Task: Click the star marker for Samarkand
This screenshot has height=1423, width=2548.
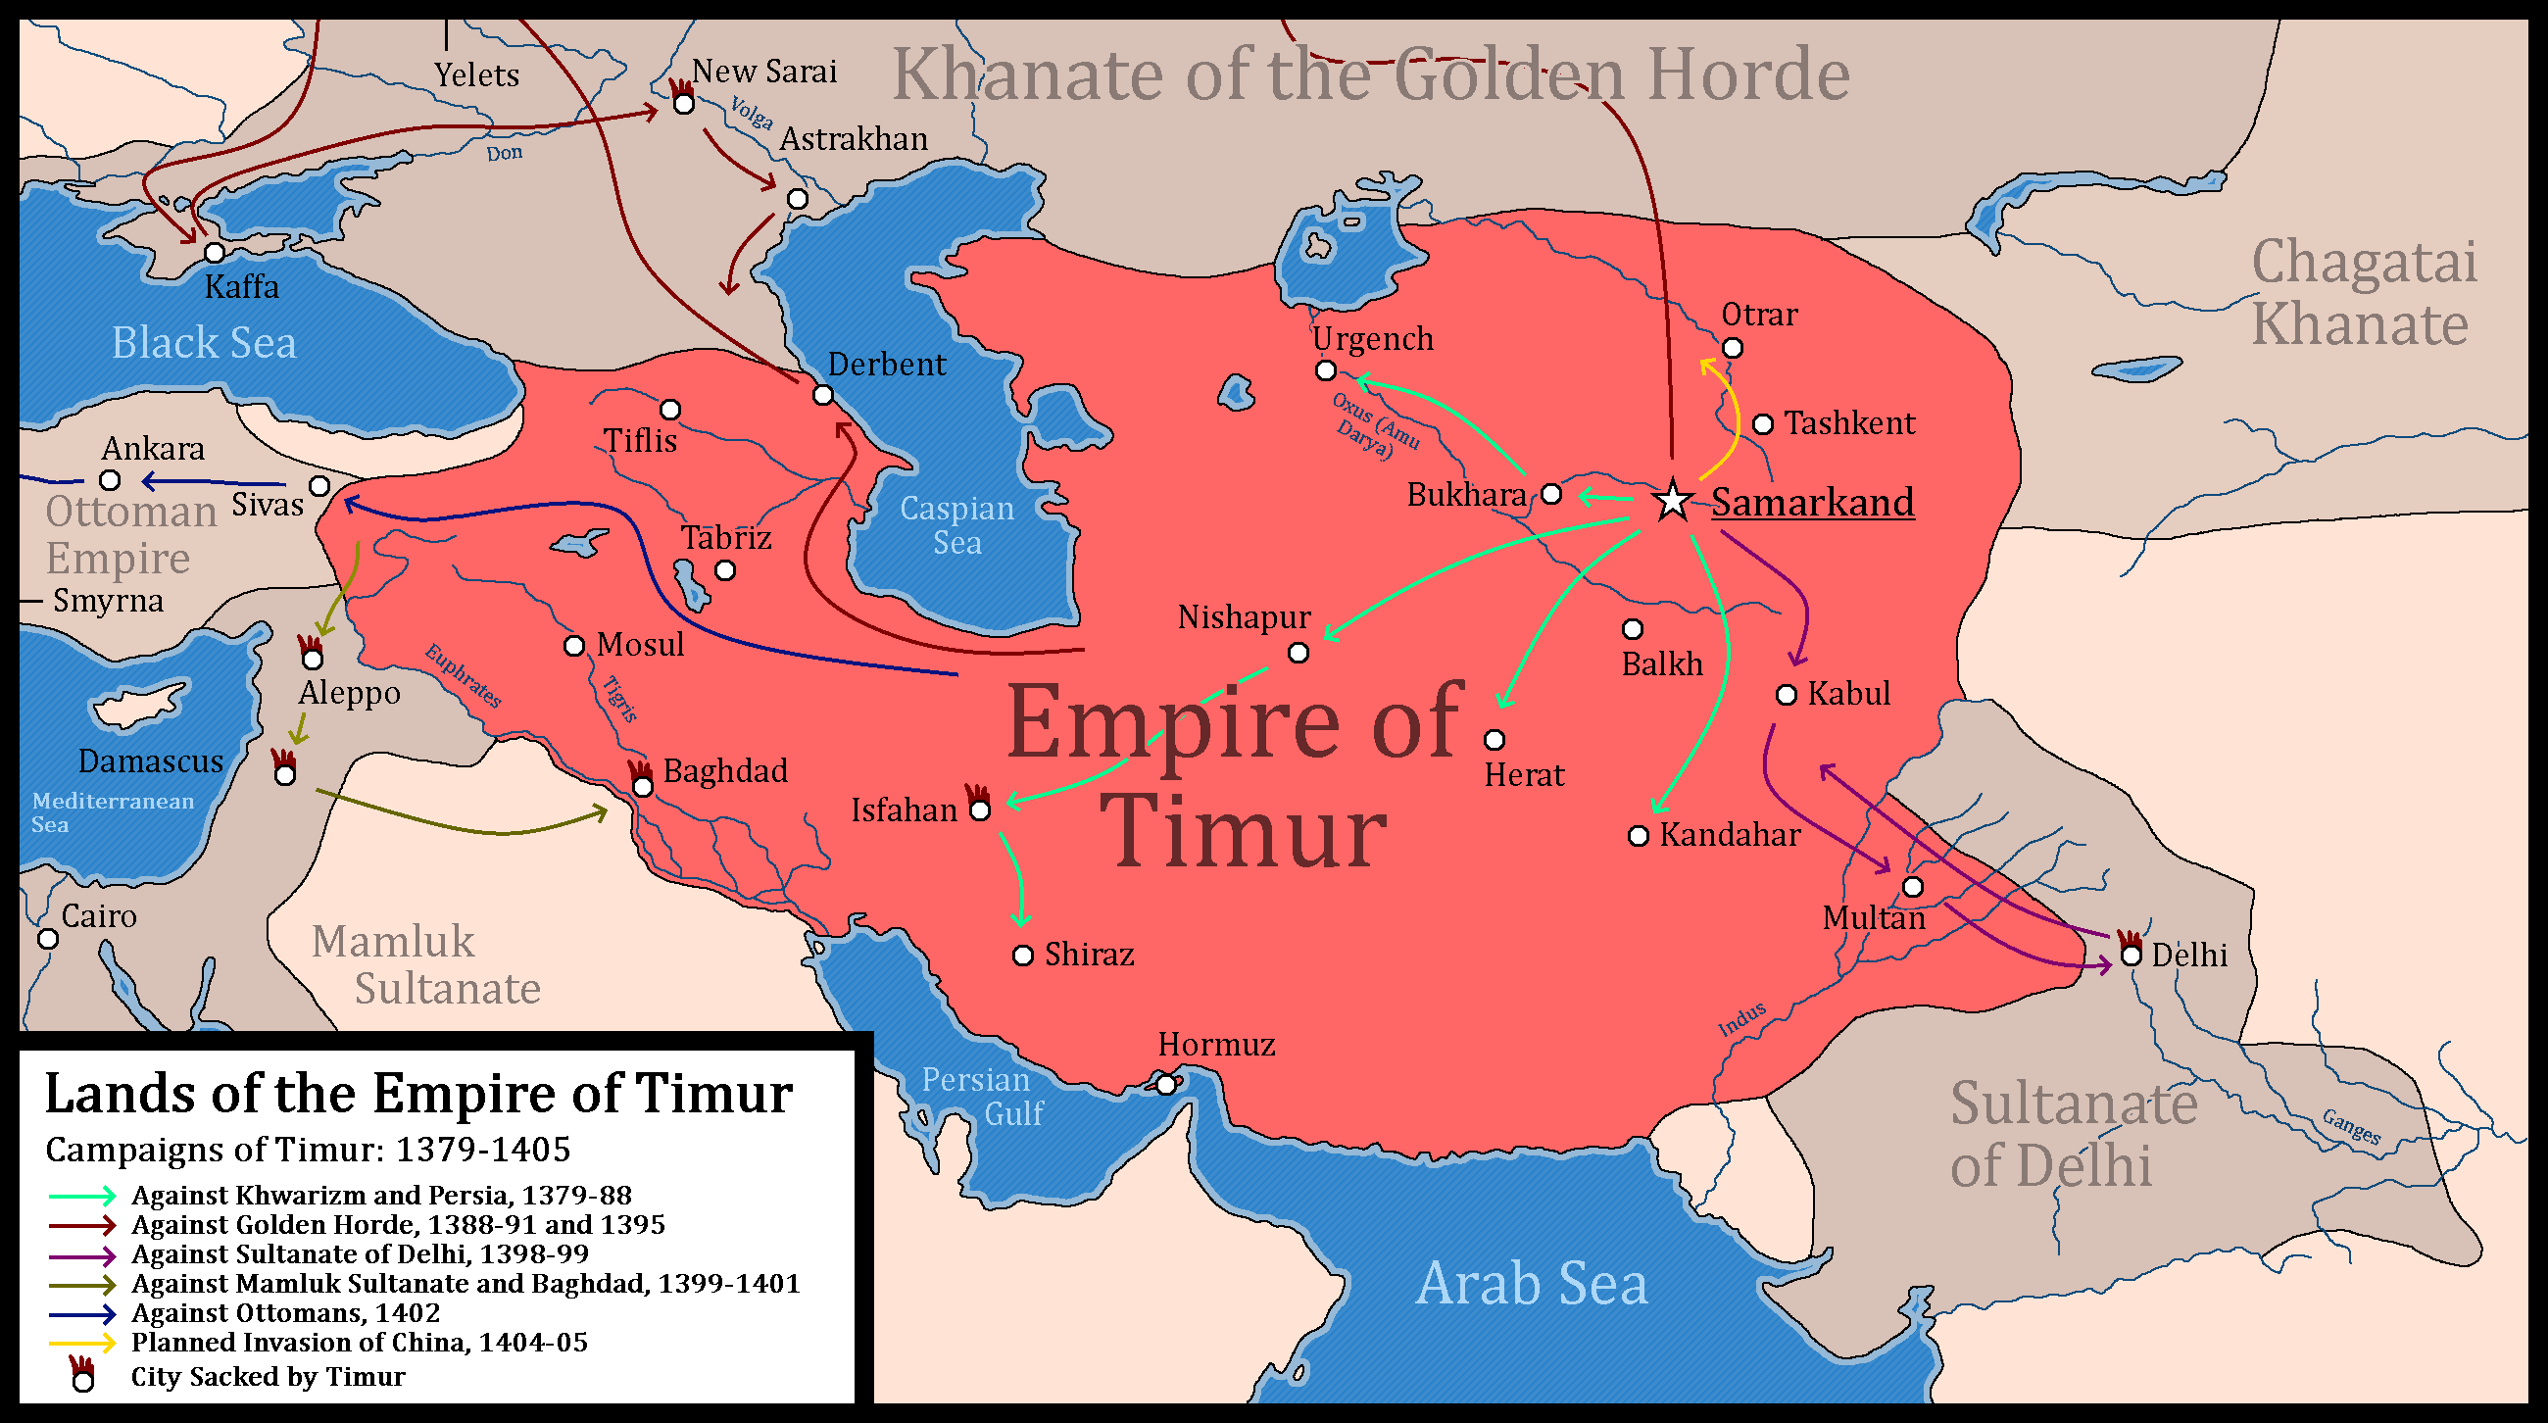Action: pyautogui.click(x=1673, y=501)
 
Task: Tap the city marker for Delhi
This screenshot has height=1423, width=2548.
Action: pyautogui.click(x=2131, y=956)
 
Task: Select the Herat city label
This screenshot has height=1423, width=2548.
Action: pyautogui.click(x=1524, y=775)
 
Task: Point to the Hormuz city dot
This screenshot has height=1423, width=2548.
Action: pyautogui.click(x=1166, y=1085)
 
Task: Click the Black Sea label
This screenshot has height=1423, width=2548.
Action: pyautogui.click(x=204, y=343)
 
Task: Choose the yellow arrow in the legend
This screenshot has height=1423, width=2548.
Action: pyautogui.click(x=82, y=1343)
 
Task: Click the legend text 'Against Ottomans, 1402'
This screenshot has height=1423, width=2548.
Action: pyautogui.click(x=286, y=1313)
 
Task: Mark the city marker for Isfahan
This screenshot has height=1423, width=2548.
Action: pyautogui.click(x=980, y=810)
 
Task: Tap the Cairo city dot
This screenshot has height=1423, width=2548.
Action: pyautogui.click(x=47, y=939)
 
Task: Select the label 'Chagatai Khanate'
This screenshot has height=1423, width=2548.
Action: pyautogui.click(x=2363, y=294)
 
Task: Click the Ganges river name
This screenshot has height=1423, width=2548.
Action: pyautogui.click(x=2351, y=1126)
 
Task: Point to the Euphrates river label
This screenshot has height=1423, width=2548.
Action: pyautogui.click(x=463, y=675)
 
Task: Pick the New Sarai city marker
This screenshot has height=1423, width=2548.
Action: pyautogui.click(x=683, y=103)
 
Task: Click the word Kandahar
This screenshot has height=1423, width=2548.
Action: pyautogui.click(x=1729, y=835)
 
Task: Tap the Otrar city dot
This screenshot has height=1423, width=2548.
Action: pyautogui.click(x=1732, y=348)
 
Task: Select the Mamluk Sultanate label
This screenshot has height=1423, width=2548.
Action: pyautogui.click(x=426, y=965)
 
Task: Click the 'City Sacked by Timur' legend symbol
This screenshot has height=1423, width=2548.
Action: pyautogui.click(x=82, y=1378)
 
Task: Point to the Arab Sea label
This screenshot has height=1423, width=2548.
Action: pyautogui.click(x=1531, y=1284)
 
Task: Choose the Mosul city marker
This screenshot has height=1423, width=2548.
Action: pyautogui.click(x=573, y=646)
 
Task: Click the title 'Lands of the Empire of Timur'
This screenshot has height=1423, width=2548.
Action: pyautogui.click(x=418, y=1094)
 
